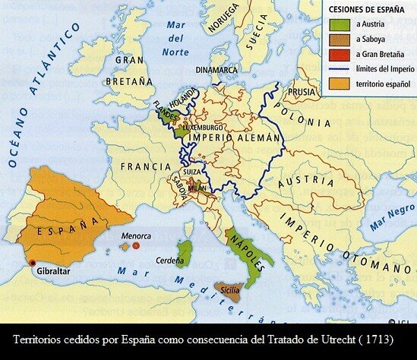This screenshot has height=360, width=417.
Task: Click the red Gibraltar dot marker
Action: (x=32, y=264)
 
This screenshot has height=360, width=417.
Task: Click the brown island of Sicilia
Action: (x=229, y=291)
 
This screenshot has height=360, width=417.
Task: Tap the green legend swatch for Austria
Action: (x=338, y=25)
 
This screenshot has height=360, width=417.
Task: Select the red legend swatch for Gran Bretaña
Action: (x=338, y=54)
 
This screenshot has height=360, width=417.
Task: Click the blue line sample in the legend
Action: (x=338, y=68)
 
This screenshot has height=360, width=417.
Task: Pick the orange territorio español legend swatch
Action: (x=338, y=83)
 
